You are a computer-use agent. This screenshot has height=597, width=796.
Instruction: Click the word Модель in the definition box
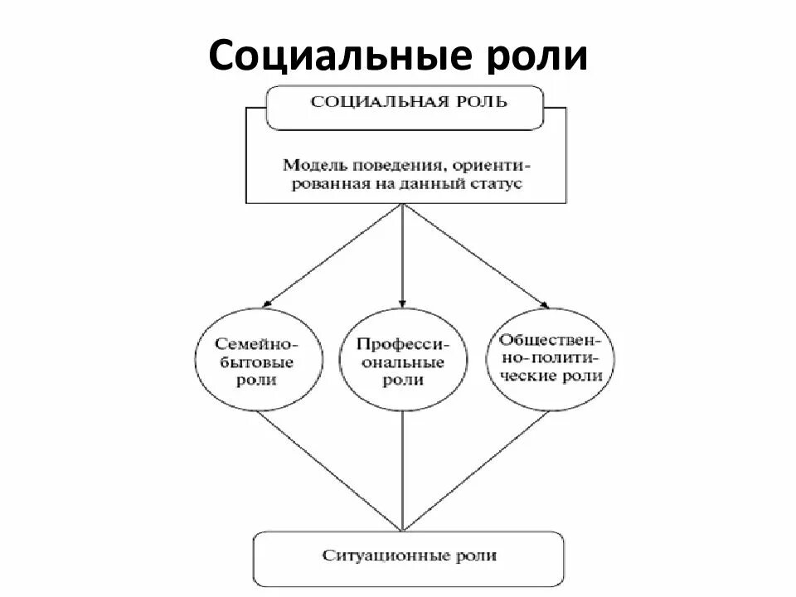coord(311,163)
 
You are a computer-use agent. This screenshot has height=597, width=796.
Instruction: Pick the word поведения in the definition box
coord(386,164)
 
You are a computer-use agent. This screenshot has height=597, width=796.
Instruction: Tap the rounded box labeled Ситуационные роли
coord(408,557)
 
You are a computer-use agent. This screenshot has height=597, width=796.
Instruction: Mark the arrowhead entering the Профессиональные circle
coord(403,304)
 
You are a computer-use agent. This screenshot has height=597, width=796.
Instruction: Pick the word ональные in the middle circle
coord(403,362)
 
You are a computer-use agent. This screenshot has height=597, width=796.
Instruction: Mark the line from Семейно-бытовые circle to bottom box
coord(332,473)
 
